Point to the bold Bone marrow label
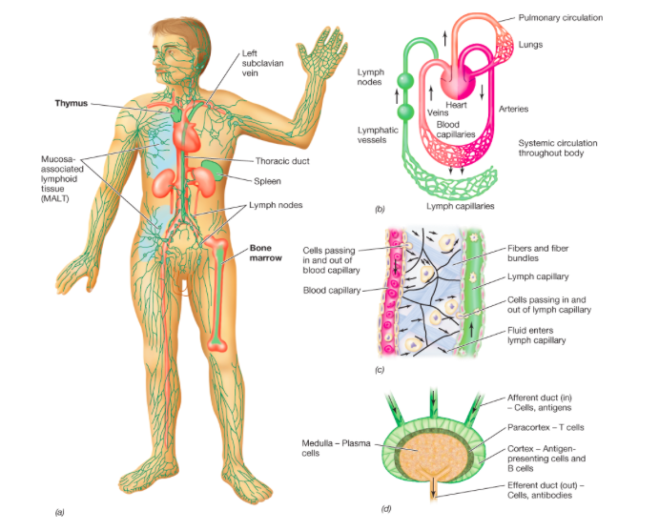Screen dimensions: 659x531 (x=260, y=252)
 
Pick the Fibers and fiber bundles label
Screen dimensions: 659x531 (x=562, y=253)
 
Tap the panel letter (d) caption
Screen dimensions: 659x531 (x=386, y=508)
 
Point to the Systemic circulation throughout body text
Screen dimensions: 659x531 (x=557, y=148)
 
